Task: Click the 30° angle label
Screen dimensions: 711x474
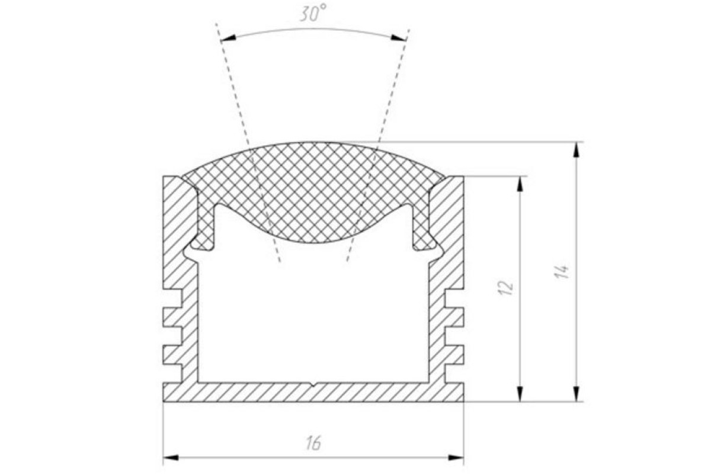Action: (x=313, y=14)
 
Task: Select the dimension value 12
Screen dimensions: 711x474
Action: (x=506, y=287)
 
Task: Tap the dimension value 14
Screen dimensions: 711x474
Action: (x=562, y=271)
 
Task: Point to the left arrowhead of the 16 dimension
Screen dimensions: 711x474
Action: (x=171, y=457)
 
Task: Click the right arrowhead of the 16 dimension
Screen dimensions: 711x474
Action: (x=456, y=457)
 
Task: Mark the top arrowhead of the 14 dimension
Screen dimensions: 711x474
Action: (x=577, y=149)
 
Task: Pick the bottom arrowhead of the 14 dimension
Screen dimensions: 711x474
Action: (x=577, y=393)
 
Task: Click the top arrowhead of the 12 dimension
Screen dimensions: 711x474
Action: (x=520, y=184)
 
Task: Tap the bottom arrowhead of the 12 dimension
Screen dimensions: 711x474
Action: (x=520, y=393)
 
